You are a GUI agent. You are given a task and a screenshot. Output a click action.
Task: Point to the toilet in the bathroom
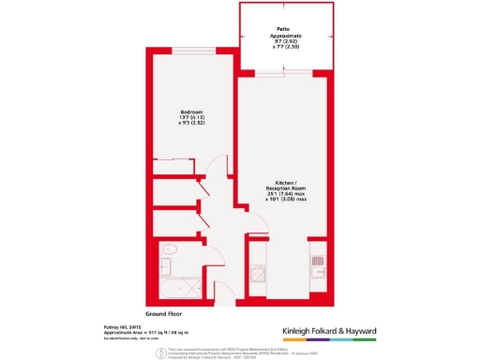(169, 250)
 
